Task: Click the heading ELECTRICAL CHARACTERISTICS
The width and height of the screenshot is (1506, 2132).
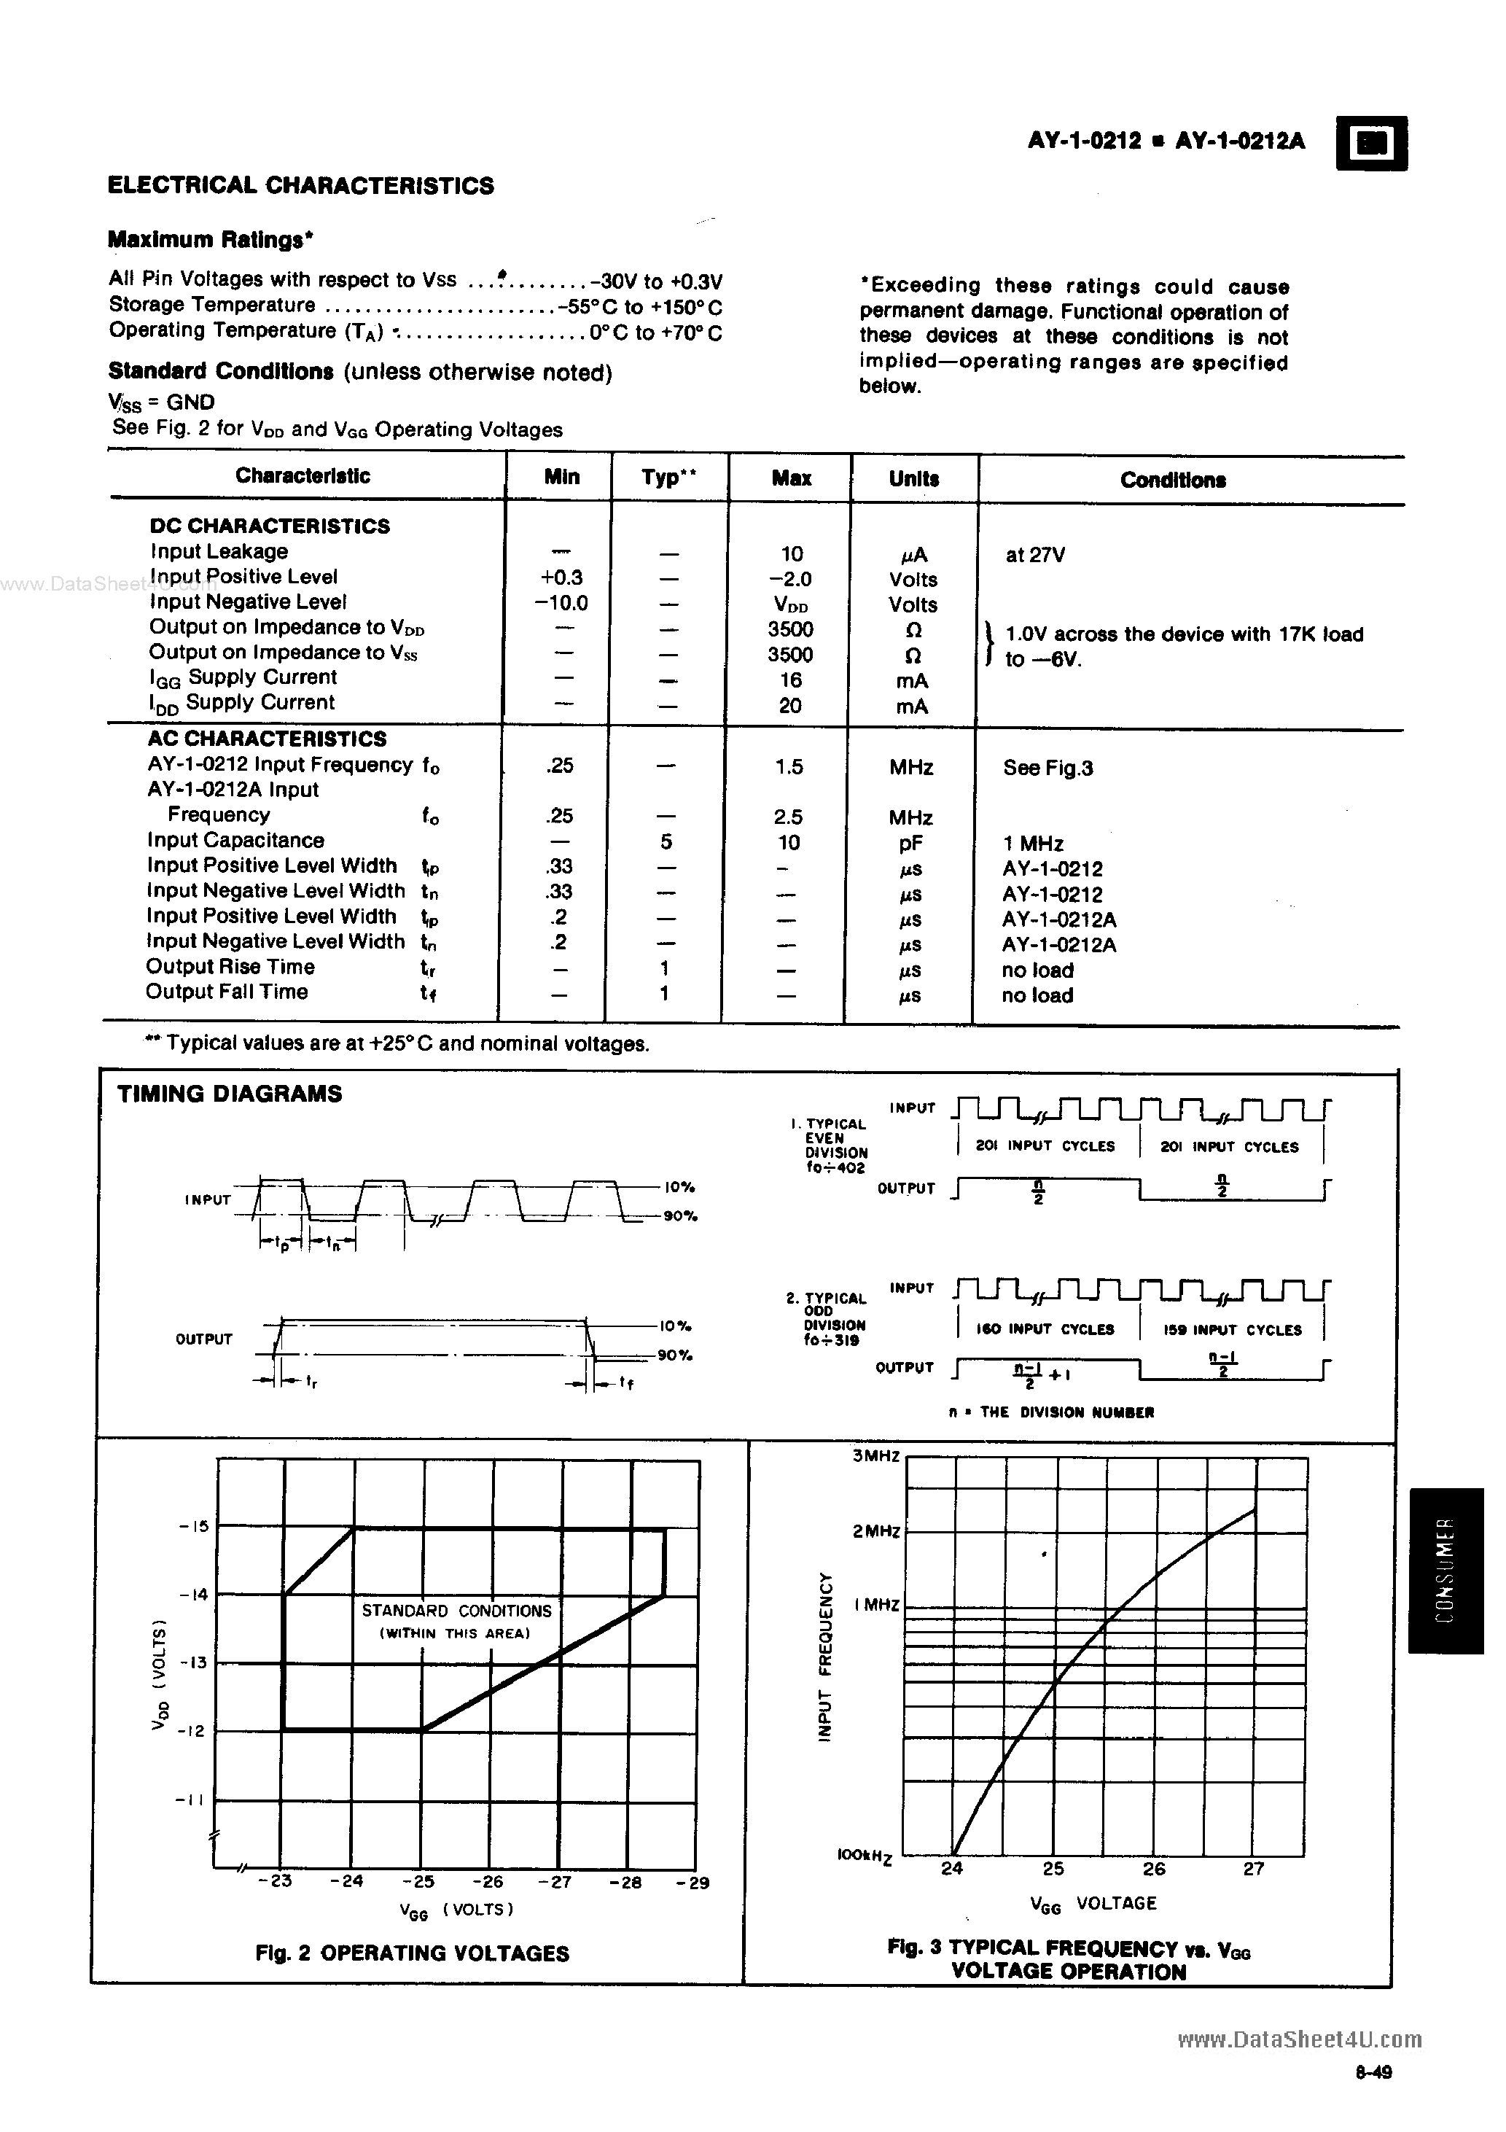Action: [x=301, y=186]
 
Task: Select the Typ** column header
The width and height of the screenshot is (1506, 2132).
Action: [x=668, y=478]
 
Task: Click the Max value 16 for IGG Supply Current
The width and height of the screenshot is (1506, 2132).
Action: [x=790, y=680]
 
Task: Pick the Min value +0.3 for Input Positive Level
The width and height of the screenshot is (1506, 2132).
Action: [x=561, y=577]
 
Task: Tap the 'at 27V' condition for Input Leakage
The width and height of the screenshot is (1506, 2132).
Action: [x=1034, y=556]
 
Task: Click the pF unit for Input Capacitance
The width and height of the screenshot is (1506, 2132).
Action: [x=912, y=843]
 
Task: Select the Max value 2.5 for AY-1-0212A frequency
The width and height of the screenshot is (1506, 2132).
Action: [x=788, y=817]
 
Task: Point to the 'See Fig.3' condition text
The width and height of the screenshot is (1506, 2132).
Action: [x=1047, y=768]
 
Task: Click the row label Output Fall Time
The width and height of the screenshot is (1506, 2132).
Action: [x=227, y=992]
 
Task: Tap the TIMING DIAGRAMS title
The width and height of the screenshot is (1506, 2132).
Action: [x=230, y=1094]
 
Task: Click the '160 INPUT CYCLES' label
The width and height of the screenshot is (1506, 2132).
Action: [x=1045, y=1330]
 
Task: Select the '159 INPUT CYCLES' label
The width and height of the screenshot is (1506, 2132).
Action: [x=1231, y=1330]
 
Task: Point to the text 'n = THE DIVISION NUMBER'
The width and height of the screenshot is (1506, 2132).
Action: [x=1051, y=1412]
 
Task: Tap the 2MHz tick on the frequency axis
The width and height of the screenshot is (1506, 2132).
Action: [x=875, y=1530]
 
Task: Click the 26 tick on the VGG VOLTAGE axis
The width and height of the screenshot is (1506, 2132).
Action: [x=1153, y=1868]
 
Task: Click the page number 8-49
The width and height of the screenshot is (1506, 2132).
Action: [x=1373, y=2091]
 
